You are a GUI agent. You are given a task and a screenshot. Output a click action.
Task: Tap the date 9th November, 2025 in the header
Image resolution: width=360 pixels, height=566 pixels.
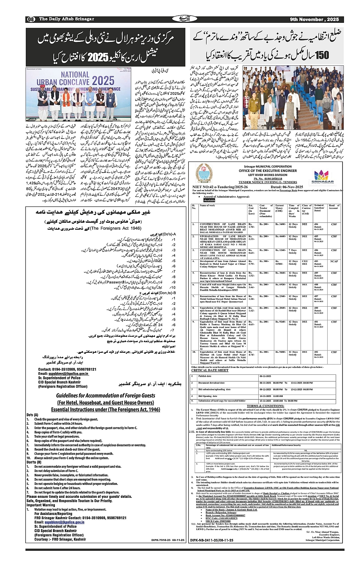click(x=314, y=19)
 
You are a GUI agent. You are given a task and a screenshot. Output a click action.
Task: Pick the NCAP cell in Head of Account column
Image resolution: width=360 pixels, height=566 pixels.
click(x=334, y=261)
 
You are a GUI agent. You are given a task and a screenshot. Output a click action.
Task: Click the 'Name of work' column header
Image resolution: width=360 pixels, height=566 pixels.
click(x=208, y=206)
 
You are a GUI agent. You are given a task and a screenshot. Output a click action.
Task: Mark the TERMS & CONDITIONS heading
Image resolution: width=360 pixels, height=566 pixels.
click(x=265, y=406)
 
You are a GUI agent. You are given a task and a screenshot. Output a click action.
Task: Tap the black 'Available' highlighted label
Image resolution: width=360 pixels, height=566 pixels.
click(x=209, y=200)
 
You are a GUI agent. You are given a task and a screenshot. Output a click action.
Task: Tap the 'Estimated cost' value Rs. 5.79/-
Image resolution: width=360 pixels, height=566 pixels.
click(x=251, y=263)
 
